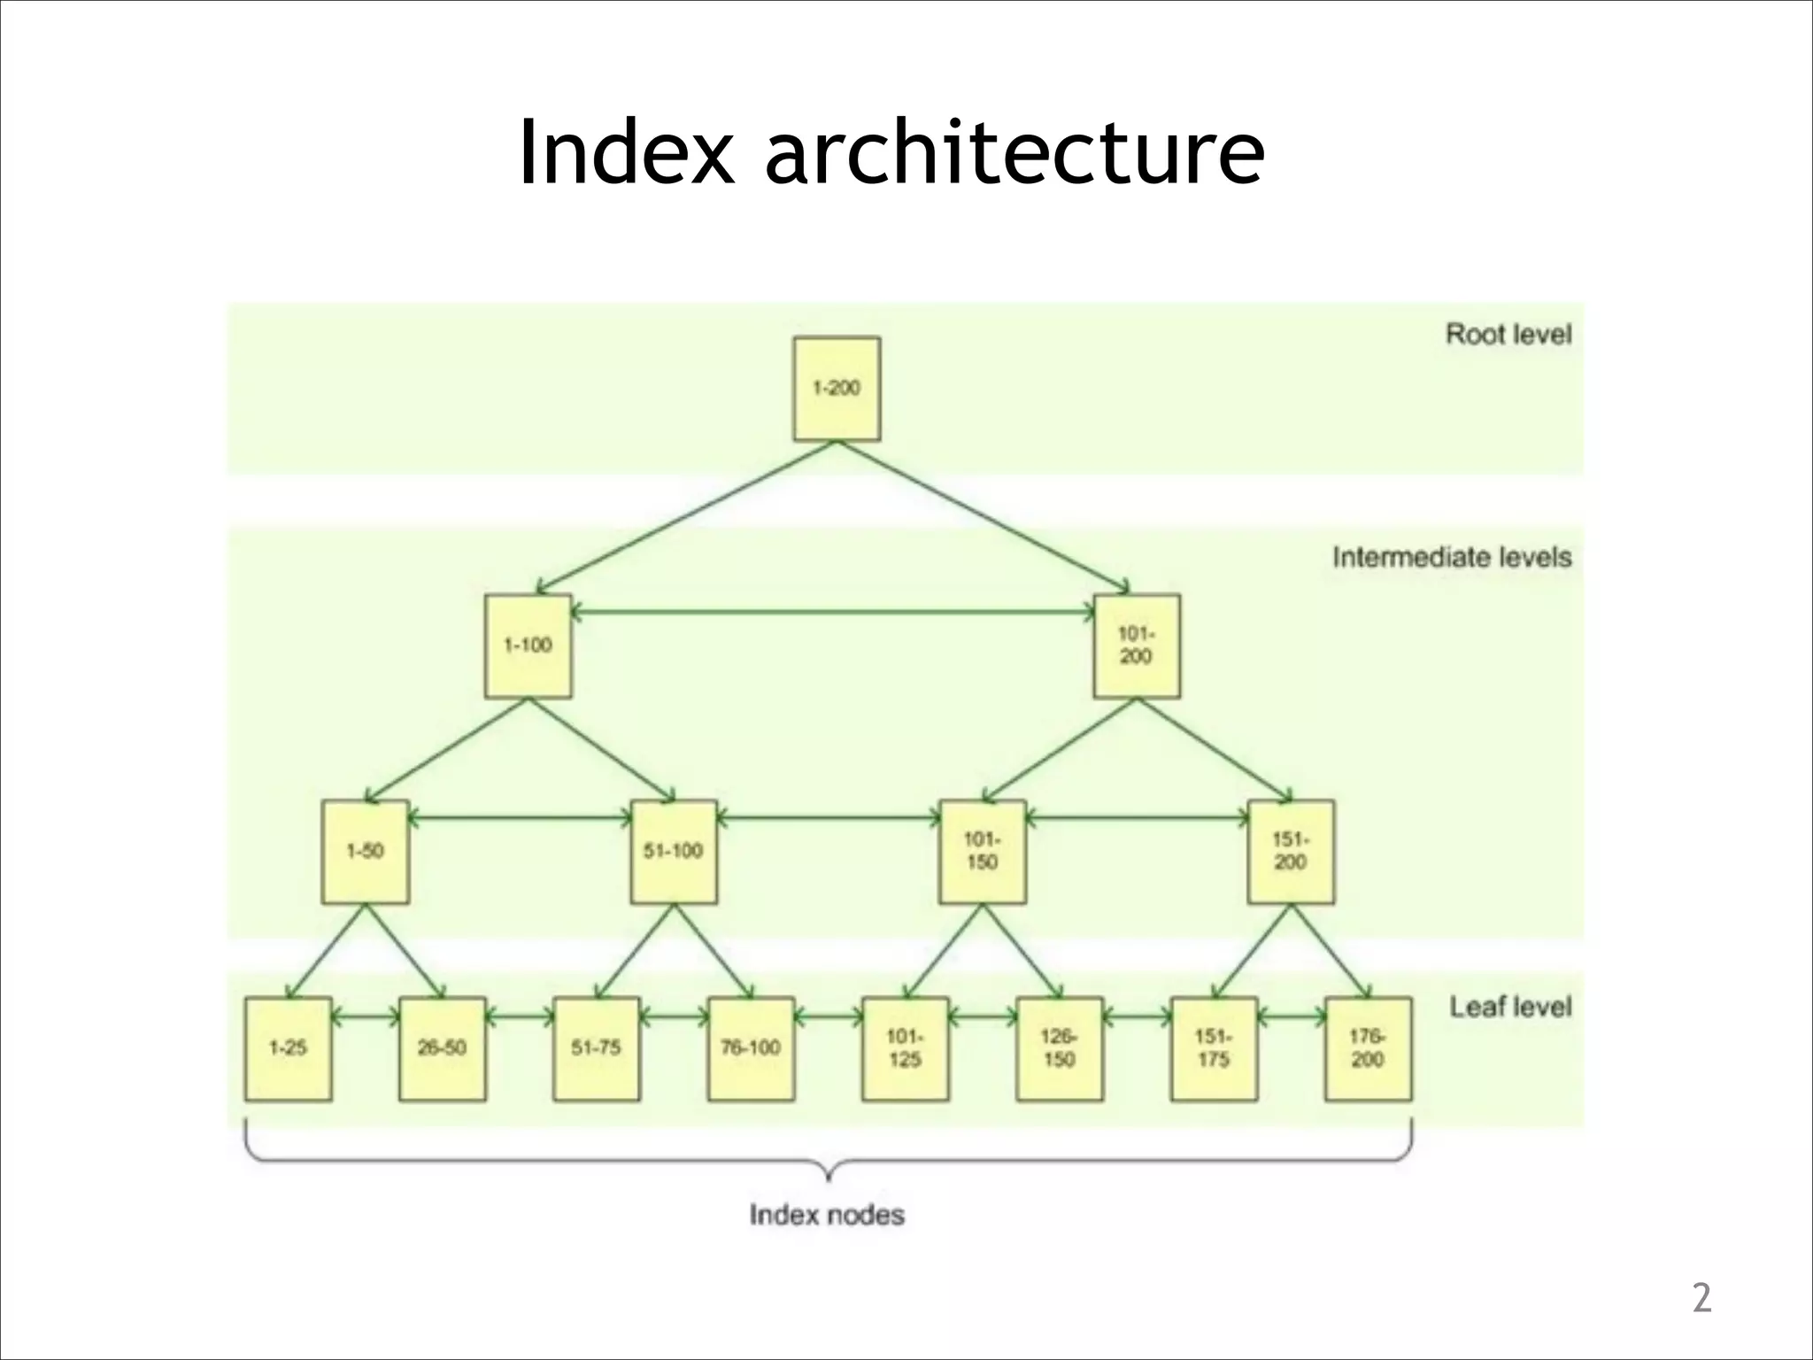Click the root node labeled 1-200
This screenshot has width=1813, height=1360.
tap(837, 388)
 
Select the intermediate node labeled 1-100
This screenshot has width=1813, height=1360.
tap(528, 645)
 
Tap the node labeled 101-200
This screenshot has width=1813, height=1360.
tap(1137, 645)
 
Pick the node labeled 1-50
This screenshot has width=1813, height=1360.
tap(365, 852)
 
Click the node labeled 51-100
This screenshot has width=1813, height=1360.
tap(674, 852)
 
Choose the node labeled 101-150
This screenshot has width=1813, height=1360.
tap(983, 852)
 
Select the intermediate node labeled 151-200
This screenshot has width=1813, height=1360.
tap(1291, 852)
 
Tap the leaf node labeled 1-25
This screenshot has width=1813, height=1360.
tap(289, 1048)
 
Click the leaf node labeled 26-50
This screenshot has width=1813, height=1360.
tap(443, 1048)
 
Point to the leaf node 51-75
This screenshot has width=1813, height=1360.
tap(597, 1048)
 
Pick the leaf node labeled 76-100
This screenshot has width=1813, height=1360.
tap(751, 1048)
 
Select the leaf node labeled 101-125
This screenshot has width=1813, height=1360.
tap(905, 1048)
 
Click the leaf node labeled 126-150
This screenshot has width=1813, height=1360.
tap(1060, 1048)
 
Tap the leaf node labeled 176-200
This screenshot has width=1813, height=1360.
tap(1368, 1048)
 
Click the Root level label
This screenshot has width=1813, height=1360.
tap(1508, 335)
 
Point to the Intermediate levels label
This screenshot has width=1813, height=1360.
tap(1452, 557)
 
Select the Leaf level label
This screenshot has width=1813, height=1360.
tap(1510, 1007)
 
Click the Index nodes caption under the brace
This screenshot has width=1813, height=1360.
tap(827, 1215)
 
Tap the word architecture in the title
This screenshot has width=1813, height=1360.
tap(1015, 152)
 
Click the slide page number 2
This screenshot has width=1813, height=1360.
tap(1701, 1298)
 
